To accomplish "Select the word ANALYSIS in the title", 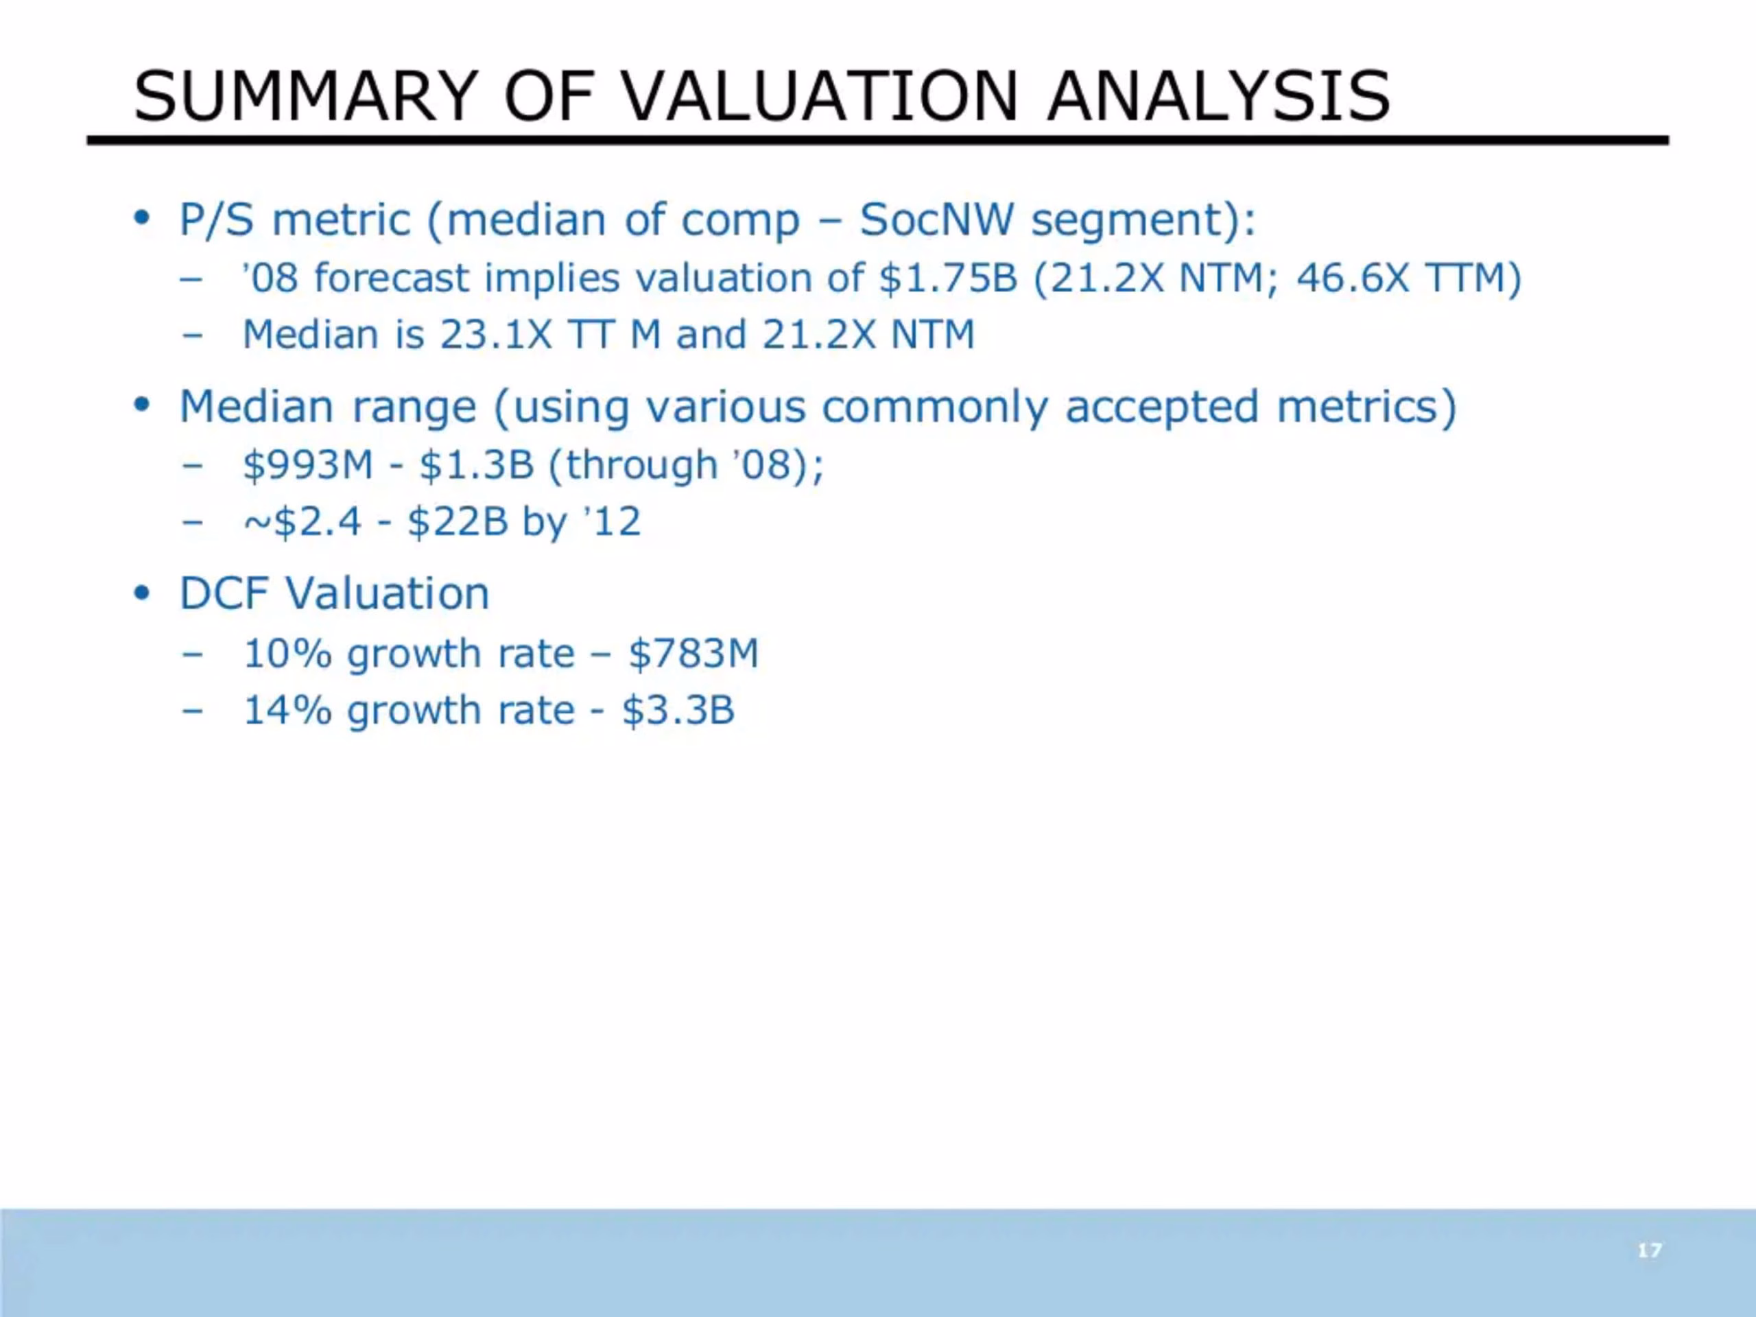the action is [x=1218, y=96].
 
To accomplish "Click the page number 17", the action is [x=1650, y=1251].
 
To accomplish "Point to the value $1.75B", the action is [x=948, y=278].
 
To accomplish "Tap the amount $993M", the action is [x=308, y=464].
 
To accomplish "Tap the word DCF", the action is [x=223, y=593].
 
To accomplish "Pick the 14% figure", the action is [x=287, y=711].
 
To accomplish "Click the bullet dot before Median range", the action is [x=142, y=405].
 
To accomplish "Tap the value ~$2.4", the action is [x=302, y=521].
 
